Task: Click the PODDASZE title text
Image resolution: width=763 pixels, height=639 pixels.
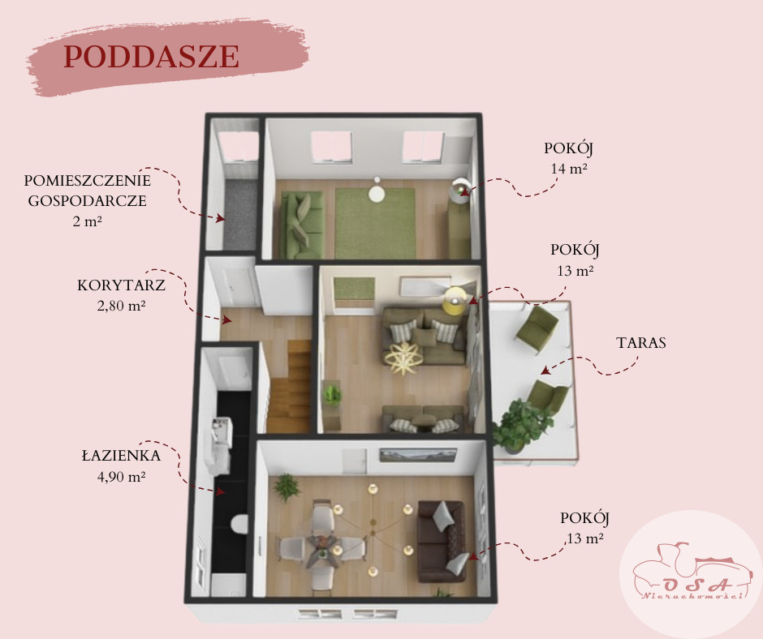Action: pyautogui.click(x=151, y=57)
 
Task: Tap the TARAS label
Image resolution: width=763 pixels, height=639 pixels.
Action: pyautogui.click(x=641, y=342)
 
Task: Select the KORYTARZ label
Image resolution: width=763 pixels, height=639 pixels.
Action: pyautogui.click(x=121, y=285)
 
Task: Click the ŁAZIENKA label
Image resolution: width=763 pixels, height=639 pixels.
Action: pyautogui.click(x=121, y=455)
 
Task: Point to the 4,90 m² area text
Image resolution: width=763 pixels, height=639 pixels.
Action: pyautogui.click(x=121, y=476)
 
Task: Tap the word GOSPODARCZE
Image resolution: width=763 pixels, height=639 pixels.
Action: pyautogui.click(x=87, y=201)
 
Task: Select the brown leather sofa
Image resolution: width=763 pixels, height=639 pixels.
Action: pyautogui.click(x=441, y=541)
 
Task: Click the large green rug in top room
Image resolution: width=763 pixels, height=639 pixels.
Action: pyautogui.click(x=375, y=223)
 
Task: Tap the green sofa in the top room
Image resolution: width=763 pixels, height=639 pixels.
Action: pyautogui.click(x=303, y=225)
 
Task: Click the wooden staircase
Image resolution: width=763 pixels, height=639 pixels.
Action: pyautogui.click(x=289, y=387)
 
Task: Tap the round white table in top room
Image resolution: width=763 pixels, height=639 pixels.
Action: pyautogui.click(x=376, y=193)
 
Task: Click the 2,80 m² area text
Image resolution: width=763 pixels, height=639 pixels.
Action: pyautogui.click(x=121, y=306)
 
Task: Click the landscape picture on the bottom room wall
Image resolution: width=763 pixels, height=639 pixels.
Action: pyautogui.click(x=418, y=455)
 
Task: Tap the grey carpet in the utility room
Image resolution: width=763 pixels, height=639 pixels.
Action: pyautogui.click(x=240, y=214)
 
